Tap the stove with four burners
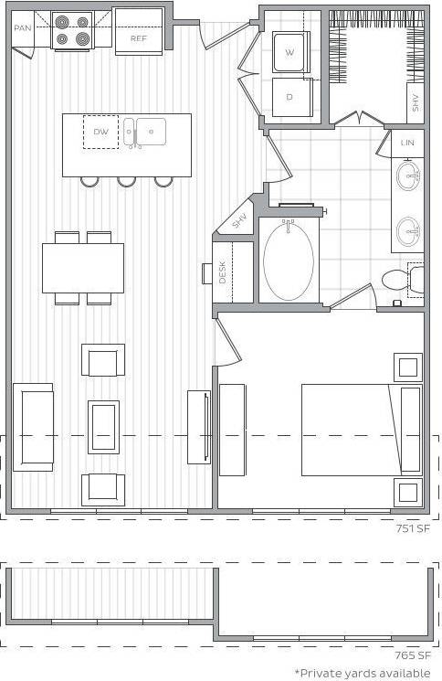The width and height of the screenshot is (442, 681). [x=73, y=30]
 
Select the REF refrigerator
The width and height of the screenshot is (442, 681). [x=138, y=38]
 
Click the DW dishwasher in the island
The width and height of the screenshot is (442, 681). [x=100, y=132]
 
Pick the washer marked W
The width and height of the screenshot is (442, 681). [x=290, y=53]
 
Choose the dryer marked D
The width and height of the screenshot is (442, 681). [x=290, y=97]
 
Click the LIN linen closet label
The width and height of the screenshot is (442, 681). [x=407, y=143]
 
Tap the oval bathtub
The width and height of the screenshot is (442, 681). [x=289, y=260]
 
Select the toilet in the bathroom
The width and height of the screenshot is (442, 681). [x=403, y=281]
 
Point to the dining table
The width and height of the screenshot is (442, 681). [x=83, y=267]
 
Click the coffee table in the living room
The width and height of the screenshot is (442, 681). [x=103, y=426]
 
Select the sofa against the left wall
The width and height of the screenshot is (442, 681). [x=33, y=427]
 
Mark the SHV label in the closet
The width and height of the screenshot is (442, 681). [x=416, y=101]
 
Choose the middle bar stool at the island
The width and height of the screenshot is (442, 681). [x=126, y=181]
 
